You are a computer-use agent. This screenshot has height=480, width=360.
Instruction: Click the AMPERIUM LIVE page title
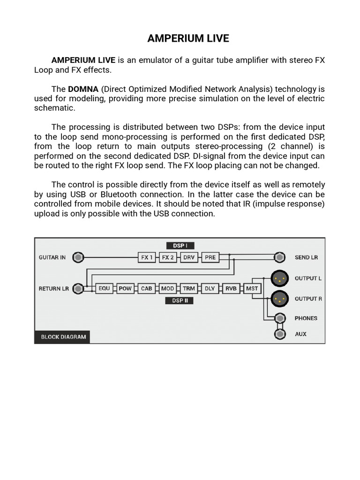point(188,38)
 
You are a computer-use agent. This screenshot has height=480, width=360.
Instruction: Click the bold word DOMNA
point(83,89)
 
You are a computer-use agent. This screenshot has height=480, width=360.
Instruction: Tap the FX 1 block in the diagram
point(147,257)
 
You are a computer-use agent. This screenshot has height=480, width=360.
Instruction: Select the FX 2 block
point(168,257)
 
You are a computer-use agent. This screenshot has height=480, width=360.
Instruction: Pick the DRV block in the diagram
point(189,257)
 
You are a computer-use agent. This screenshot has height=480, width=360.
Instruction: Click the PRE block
point(210,257)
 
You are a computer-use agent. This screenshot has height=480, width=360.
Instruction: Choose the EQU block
point(104,289)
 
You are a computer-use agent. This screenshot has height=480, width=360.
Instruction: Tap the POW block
point(125,289)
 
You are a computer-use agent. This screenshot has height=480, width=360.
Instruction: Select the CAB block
point(146,289)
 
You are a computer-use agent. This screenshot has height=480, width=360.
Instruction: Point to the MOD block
point(167,289)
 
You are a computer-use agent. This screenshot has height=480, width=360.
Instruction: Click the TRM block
point(188,289)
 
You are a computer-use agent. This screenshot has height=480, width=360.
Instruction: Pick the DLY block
point(210,289)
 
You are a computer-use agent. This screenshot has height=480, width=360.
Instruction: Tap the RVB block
point(231,289)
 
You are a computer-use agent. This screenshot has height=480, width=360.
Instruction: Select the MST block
point(252,289)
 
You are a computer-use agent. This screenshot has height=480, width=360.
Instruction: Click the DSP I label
point(180,246)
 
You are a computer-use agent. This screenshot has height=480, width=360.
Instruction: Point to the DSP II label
point(180,300)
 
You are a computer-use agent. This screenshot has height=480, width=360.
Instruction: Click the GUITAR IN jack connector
point(79,257)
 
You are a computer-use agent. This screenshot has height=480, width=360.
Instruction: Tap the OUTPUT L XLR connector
point(280,278)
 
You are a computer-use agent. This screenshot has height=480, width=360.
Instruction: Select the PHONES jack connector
point(280,318)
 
